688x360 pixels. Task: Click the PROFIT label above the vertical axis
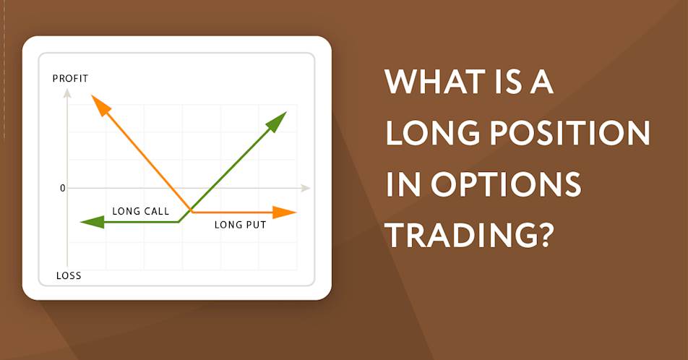(70, 79)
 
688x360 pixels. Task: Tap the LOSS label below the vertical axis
(69, 275)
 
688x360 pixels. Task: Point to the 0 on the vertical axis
(62, 188)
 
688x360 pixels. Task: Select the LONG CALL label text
(140, 211)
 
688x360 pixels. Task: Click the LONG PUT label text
(240, 225)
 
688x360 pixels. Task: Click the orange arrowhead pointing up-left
(100, 106)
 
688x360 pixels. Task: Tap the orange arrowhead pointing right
(284, 213)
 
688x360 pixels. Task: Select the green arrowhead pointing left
(93, 222)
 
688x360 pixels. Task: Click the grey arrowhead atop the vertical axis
(67, 93)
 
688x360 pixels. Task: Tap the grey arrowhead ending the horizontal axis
(306, 188)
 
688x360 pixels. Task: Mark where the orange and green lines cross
(192, 210)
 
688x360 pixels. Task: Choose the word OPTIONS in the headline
(506, 184)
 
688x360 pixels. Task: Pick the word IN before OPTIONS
(403, 184)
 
